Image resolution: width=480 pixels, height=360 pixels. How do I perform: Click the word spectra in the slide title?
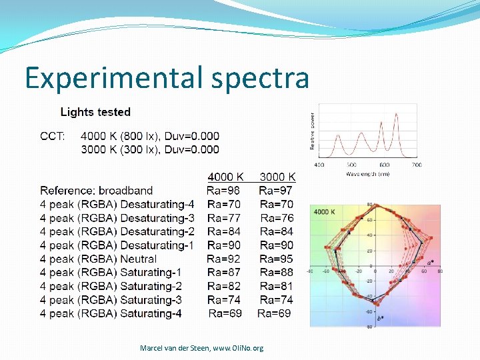[x=260, y=79]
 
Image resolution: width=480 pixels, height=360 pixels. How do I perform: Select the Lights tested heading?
[x=95, y=112]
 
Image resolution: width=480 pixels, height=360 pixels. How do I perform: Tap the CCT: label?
[x=53, y=136]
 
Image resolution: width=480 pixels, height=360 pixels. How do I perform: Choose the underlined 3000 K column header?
[x=277, y=177]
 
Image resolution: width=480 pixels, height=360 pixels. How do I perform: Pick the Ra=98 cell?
[x=223, y=191]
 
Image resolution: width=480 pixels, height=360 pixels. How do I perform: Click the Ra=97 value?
[x=276, y=191]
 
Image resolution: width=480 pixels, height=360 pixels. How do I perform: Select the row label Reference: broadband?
[x=96, y=191]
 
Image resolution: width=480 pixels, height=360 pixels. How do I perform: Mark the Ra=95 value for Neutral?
[x=276, y=259]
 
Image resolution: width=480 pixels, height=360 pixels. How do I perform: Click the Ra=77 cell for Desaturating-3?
[x=224, y=218]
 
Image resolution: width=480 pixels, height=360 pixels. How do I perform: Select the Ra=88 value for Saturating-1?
[x=276, y=272]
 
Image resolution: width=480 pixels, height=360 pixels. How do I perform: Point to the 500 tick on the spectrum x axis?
[x=351, y=165]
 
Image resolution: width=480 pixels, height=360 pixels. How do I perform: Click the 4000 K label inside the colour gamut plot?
[x=324, y=212]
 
